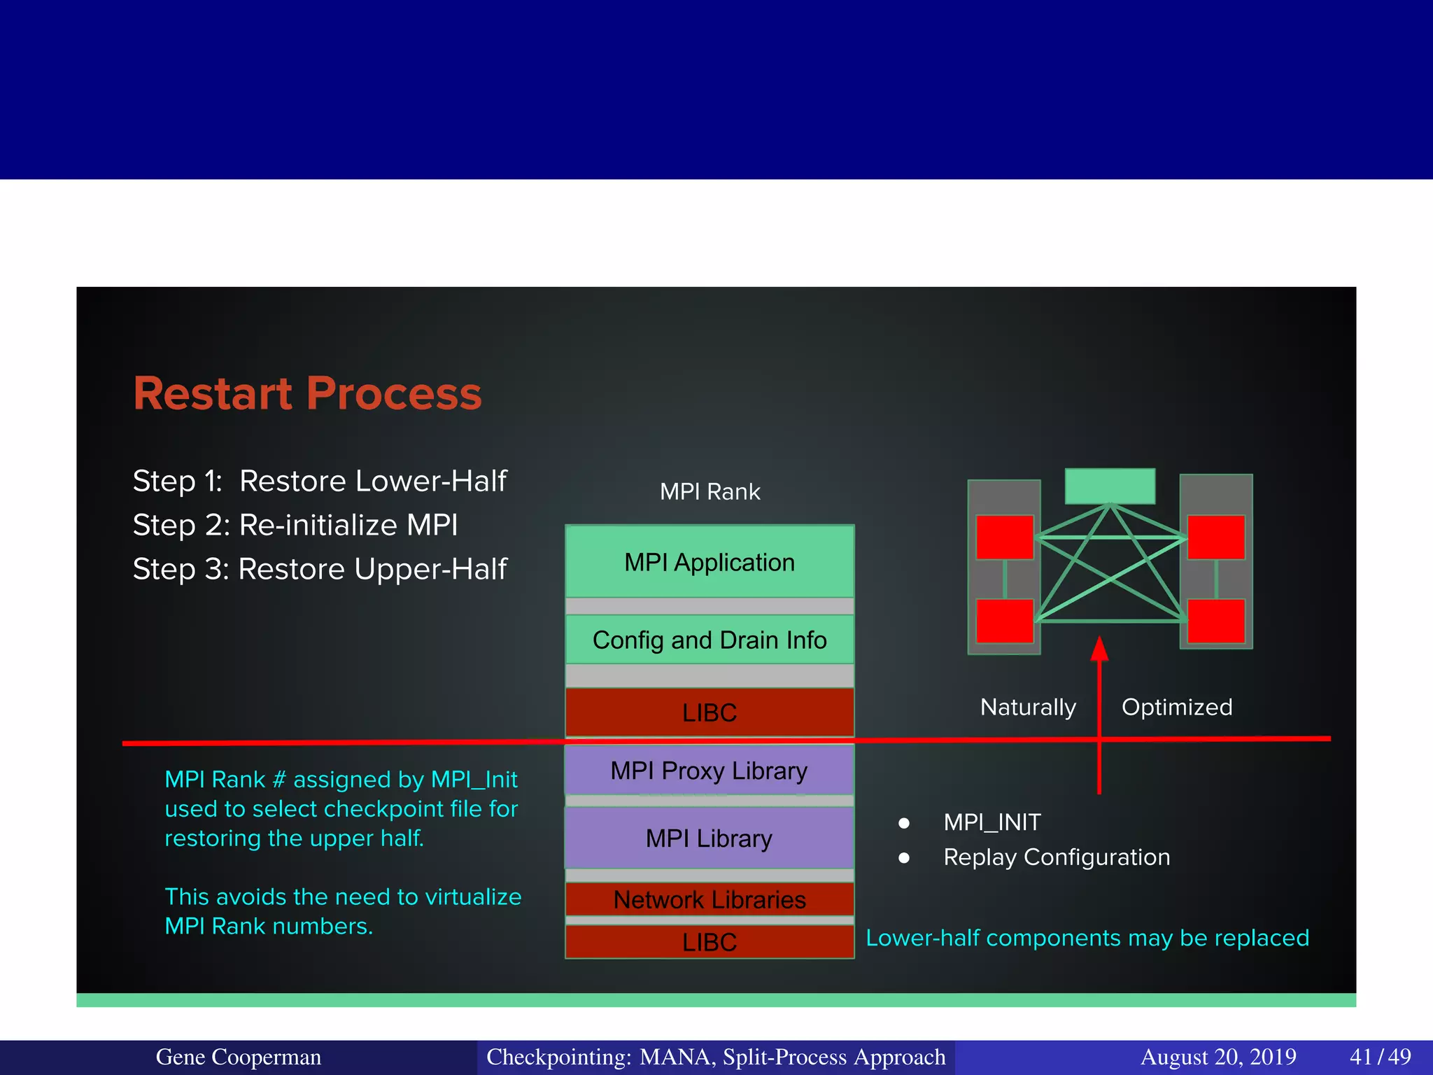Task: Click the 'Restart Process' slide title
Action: click(307, 393)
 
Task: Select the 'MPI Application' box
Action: click(710, 562)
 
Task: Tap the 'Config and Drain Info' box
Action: click(710, 640)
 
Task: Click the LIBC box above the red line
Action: click(710, 712)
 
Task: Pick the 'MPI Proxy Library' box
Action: click(710, 771)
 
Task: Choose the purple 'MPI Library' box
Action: click(710, 838)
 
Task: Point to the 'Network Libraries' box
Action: click(710, 899)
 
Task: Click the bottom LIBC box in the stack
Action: click(710, 942)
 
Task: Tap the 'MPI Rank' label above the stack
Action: click(710, 491)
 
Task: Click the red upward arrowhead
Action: click(1099, 649)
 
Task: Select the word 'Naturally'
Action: click(1028, 707)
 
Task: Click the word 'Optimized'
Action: click(1177, 707)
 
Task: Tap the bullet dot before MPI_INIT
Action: click(904, 823)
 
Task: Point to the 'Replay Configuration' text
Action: click(1057, 857)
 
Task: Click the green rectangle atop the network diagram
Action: click(1110, 486)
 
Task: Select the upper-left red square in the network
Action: click(1005, 537)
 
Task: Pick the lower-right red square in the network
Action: click(1216, 621)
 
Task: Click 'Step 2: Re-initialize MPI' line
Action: click(295, 525)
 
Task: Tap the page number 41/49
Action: click(1380, 1057)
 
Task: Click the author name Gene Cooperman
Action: click(238, 1057)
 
